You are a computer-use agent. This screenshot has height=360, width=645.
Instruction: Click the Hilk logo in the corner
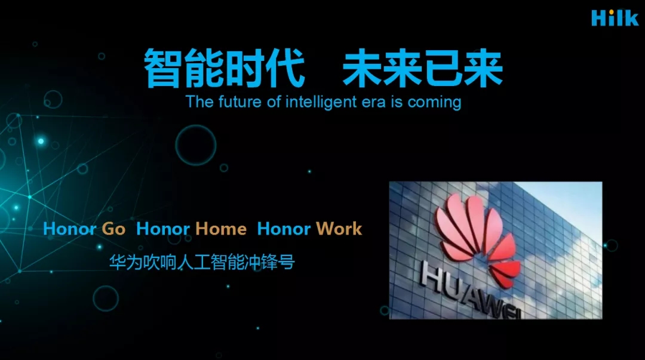[x=615, y=18]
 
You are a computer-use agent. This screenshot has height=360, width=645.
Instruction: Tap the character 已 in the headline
[x=443, y=68]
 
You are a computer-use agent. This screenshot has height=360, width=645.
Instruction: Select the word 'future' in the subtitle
[x=240, y=101]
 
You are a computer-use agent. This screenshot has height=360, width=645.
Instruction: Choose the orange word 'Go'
[x=113, y=229]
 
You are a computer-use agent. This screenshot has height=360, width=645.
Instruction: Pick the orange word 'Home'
[x=221, y=229]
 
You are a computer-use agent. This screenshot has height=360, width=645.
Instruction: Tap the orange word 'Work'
[x=339, y=229]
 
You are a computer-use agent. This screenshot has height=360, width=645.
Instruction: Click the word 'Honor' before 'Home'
[x=163, y=229]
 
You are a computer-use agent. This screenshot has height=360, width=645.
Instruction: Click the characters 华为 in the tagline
[x=125, y=262]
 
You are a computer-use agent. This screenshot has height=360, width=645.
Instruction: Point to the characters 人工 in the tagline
[x=193, y=262]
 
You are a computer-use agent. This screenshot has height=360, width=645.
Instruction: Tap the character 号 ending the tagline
[x=287, y=262]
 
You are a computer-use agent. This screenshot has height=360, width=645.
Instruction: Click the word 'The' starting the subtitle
[x=199, y=101]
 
